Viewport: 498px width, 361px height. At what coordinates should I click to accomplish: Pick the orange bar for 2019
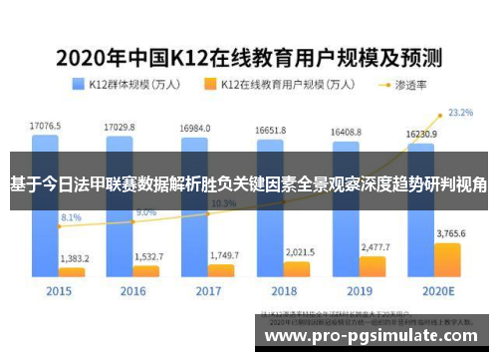(x=373, y=265)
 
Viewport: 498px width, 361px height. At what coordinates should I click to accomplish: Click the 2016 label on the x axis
(x=133, y=291)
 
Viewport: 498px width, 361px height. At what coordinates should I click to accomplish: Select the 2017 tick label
(x=207, y=291)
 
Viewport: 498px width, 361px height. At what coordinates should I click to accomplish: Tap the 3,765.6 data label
(x=450, y=233)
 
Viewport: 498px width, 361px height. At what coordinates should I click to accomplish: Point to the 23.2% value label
(x=460, y=113)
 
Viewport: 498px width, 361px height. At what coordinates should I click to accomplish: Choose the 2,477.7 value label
(x=374, y=245)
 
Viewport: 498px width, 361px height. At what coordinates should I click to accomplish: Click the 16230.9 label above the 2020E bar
(x=420, y=132)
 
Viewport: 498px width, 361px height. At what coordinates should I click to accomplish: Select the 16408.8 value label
(x=345, y=131)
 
